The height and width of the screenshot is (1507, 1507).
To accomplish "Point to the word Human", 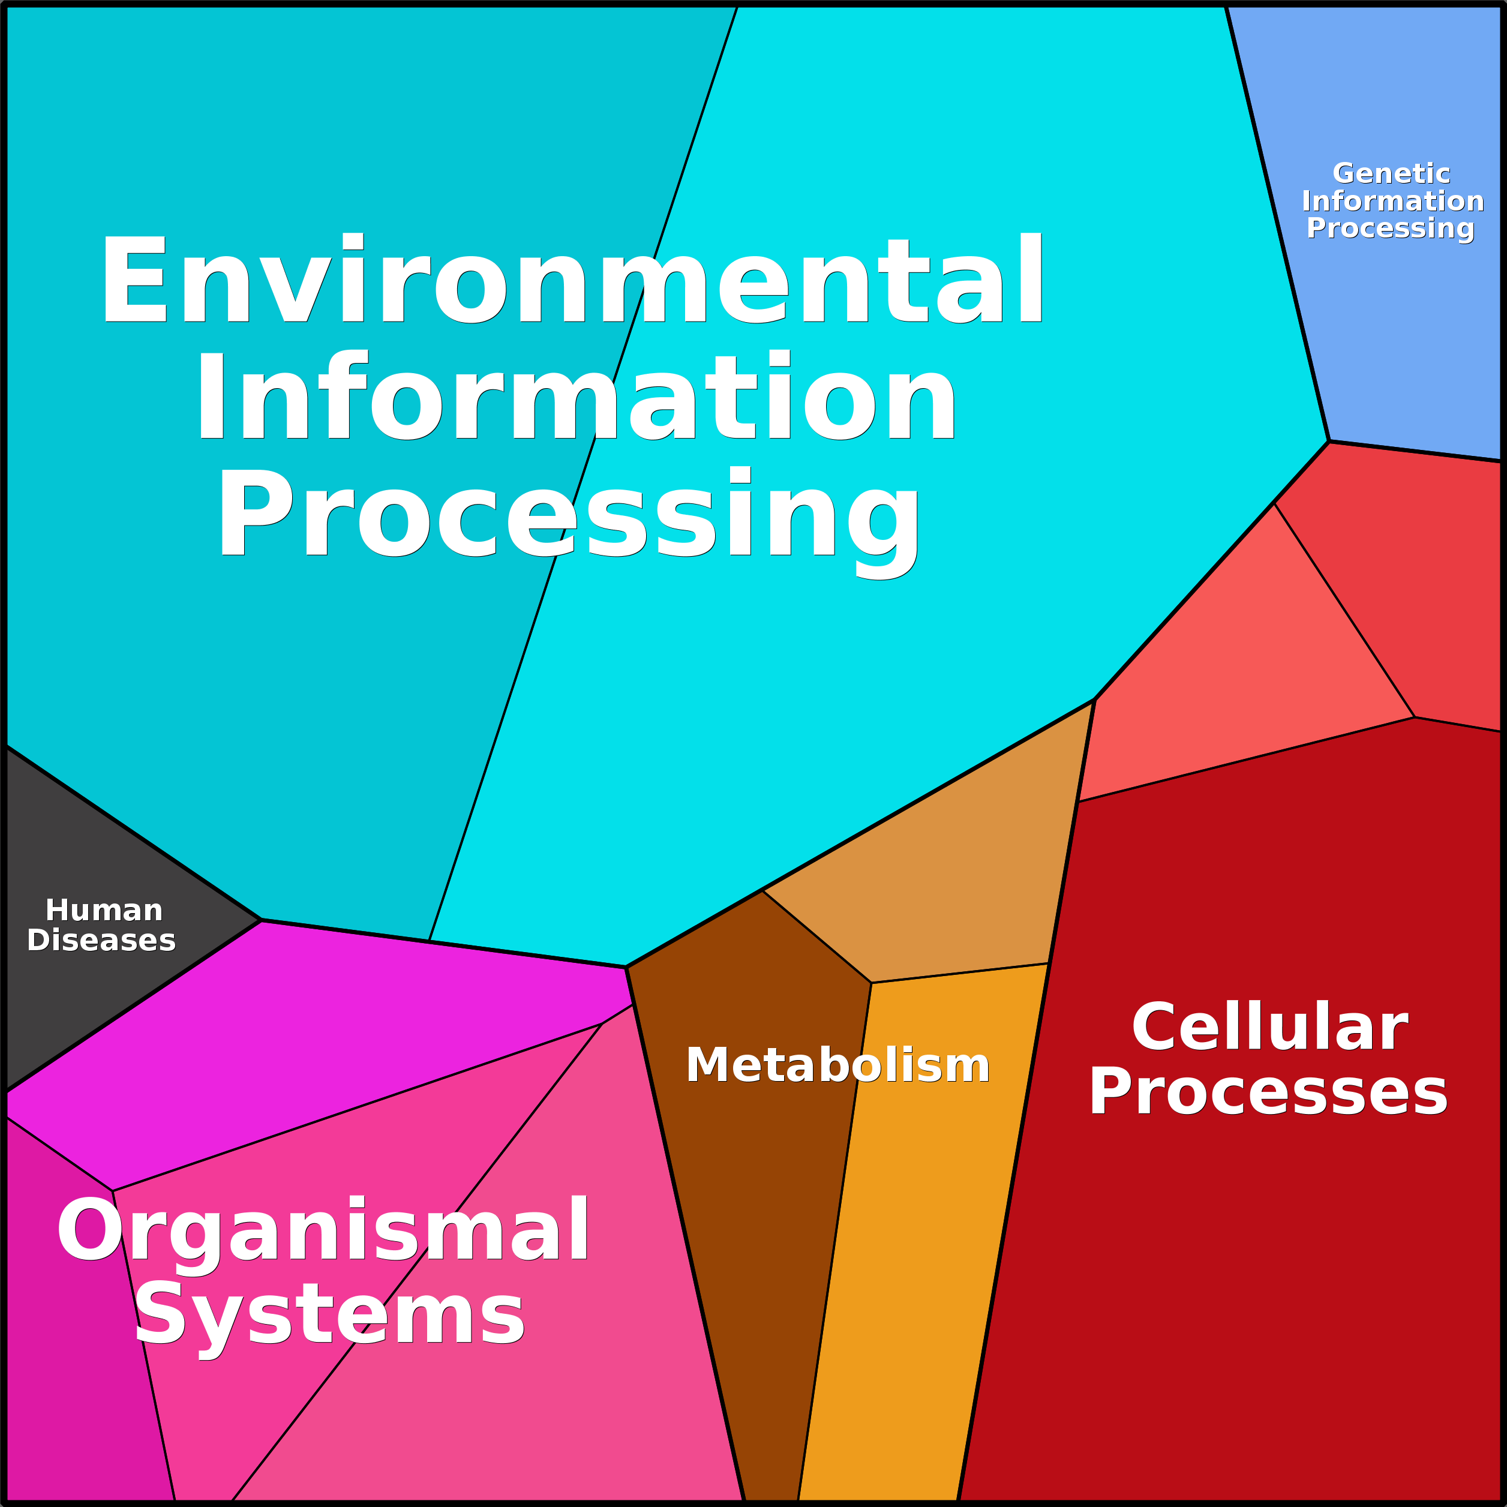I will click(104, 910).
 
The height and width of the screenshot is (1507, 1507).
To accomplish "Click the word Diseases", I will click(101, 941).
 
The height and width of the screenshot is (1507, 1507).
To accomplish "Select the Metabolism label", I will click(837, 1065).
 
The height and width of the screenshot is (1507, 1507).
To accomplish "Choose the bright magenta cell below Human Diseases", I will click(312, 1037).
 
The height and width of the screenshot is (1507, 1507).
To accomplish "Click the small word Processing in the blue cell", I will click(1390, 229).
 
